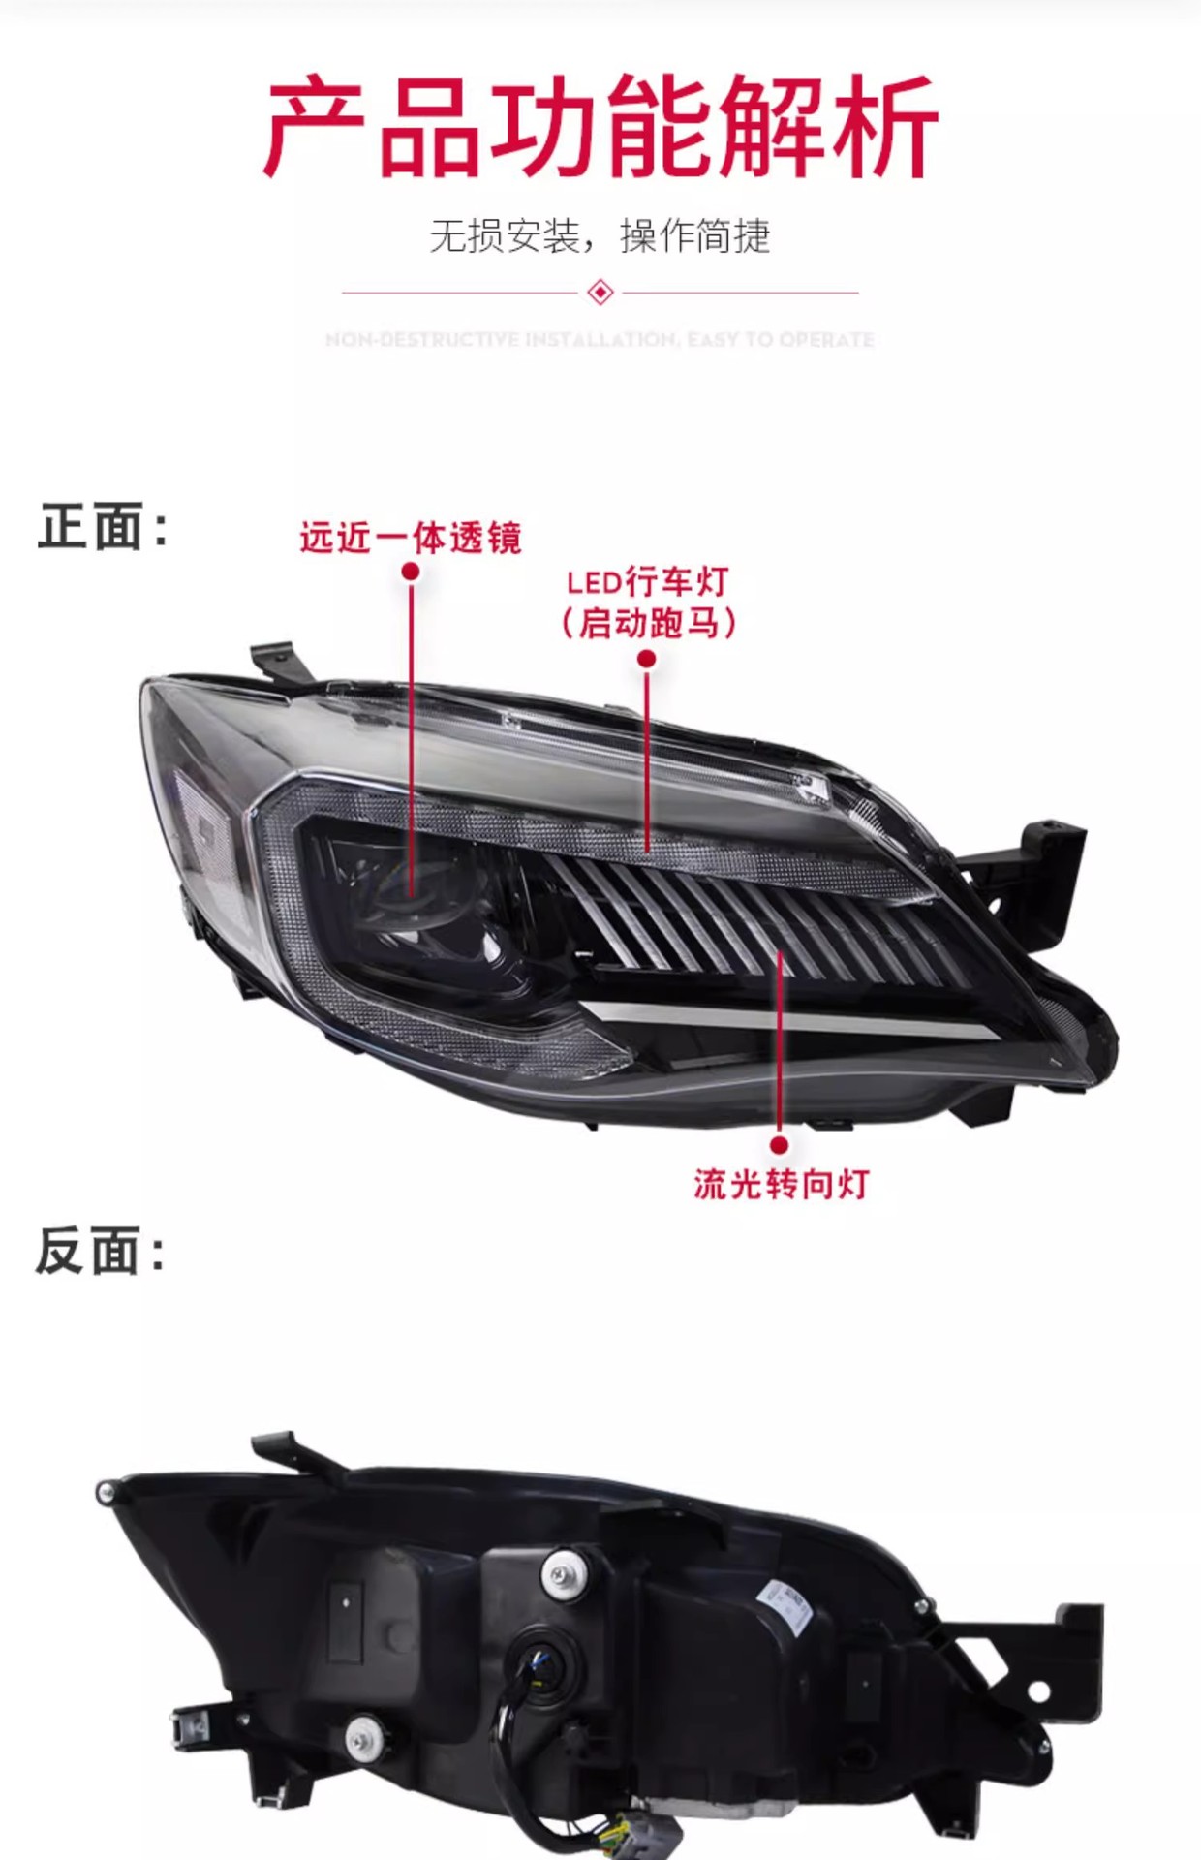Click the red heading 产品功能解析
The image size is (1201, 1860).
click(x=600, y=128)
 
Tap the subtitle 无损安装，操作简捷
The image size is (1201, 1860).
click(x=600, y=236)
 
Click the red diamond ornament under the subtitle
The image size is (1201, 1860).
click(x=600, y=292)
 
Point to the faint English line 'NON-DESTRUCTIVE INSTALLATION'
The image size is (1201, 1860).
click(x=600, y=340)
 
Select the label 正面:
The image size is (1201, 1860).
click(x=103, y=528)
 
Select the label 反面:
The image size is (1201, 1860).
click(x=101, y=1251)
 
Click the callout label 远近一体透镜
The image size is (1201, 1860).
click(x=411, y=538)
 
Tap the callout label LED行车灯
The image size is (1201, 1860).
click(x=647, y=582)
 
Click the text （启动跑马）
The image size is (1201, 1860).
click(x=648, y=623)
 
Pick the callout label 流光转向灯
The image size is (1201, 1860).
click(x=781, y=1184)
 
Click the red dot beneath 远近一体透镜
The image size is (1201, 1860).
click(x=411, y=572)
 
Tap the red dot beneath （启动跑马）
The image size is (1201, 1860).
click(x=647, y=660)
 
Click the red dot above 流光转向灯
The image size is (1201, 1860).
click(x=780, y=1145)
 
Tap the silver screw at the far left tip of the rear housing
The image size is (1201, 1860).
click(x=106, y=1491)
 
